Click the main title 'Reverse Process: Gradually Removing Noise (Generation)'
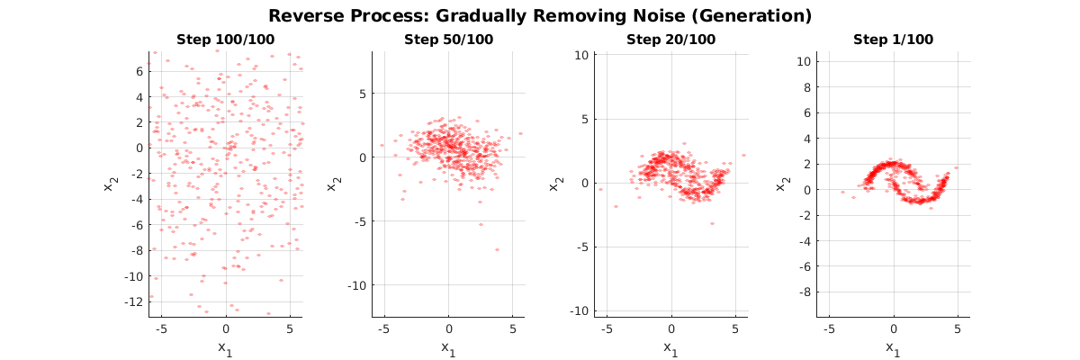point(540,15)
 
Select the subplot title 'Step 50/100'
point(449,40)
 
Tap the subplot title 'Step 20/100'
point(671,40)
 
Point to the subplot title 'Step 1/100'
point(894,40)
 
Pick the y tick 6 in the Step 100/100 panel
point(139,70)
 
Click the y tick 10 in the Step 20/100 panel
point(580,55)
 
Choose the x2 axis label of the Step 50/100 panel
point(335,183)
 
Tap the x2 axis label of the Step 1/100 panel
point(780,183)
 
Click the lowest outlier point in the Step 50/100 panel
point(497,249)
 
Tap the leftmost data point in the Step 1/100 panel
point(843,192)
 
